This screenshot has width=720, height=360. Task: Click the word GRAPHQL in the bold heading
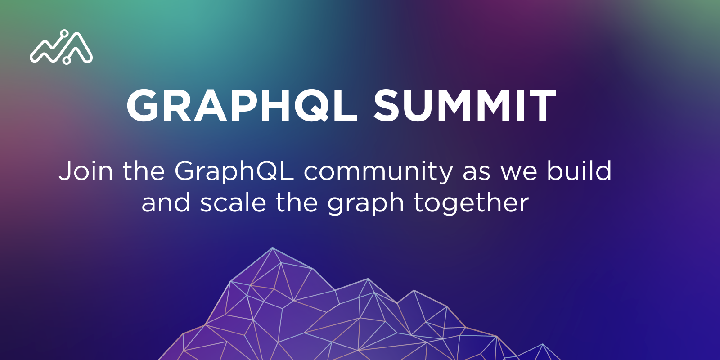tap(242, 105)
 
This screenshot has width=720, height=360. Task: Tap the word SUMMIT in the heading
tap(464, 105)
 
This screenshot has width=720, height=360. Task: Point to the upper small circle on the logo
tap(64, 33)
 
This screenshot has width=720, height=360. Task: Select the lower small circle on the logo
tap(66, 60)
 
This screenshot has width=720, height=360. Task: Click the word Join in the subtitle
tap(86, 171)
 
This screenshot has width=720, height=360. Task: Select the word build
tap(579, 171)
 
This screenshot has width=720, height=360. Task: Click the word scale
tap(233, 203)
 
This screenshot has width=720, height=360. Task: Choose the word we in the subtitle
tap(519, 174)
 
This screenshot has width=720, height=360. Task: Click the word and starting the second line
tap(166, 203)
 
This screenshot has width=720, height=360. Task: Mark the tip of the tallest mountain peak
tap(273, 247)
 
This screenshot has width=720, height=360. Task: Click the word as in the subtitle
tap(477, 174)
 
